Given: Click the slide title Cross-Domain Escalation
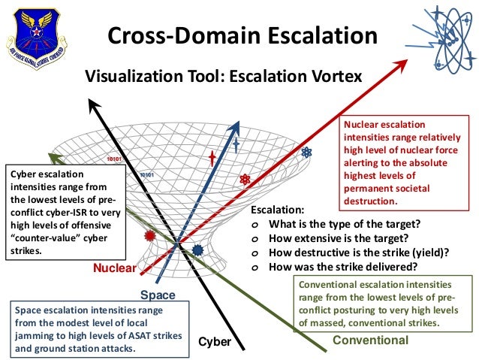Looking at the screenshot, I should (x=239, y=35).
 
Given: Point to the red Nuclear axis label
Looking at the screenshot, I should (x=114, y=268).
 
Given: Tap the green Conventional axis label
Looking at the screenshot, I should (x=370, y=340).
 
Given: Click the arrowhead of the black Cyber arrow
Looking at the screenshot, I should (x=93, y=104).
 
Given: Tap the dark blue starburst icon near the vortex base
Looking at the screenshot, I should (x=197, y=249).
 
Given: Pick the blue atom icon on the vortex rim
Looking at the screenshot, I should (x=306, y=153).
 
